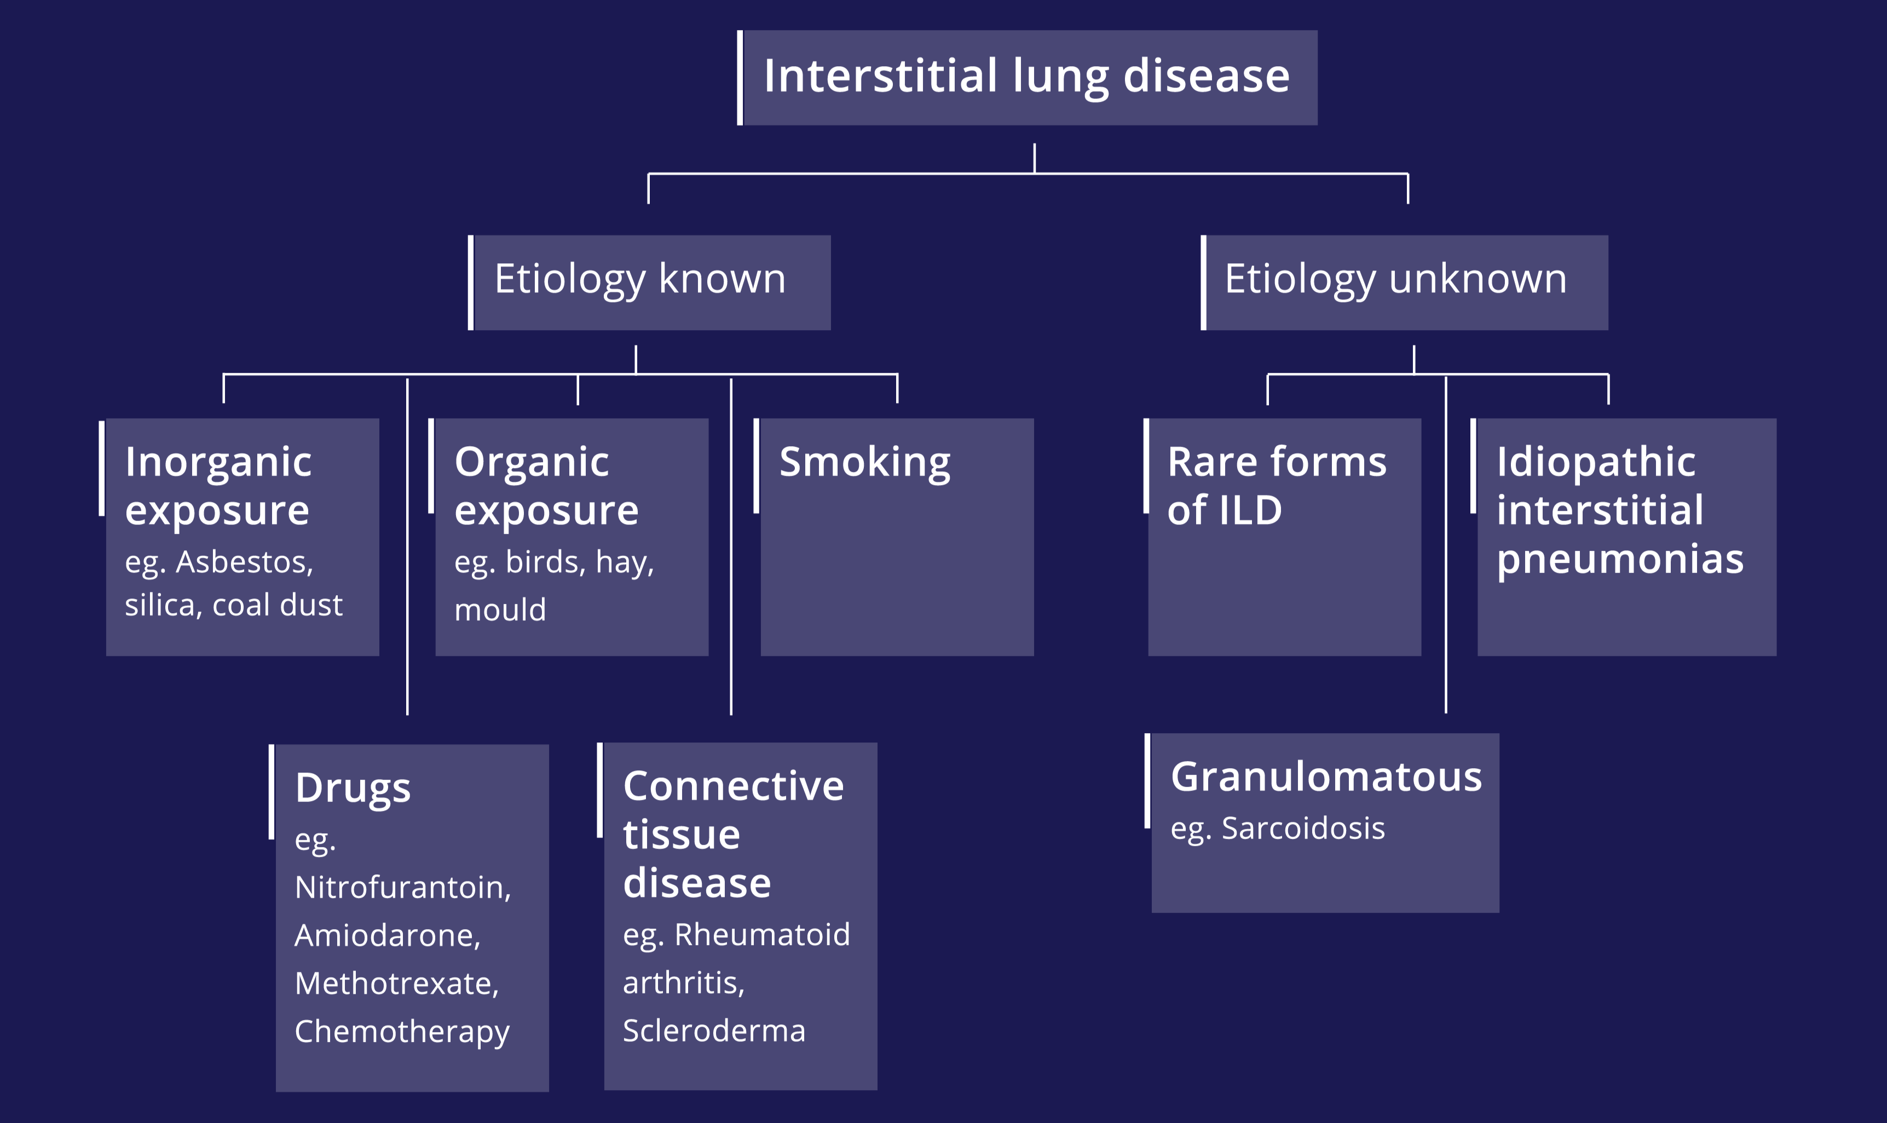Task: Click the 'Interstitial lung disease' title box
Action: point(1028,78)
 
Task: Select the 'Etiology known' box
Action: point(649,283)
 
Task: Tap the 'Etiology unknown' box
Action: point(1404,283)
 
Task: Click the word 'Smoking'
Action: point(865,462)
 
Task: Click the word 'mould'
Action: point(500,609)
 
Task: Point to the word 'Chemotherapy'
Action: point(402,1032)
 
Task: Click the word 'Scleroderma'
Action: point(714,1030)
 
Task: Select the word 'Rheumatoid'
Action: point(762,935)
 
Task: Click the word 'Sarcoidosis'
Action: point(1303,828)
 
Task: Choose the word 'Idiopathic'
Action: point(1596,462)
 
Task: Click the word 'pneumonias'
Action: point(1620,561)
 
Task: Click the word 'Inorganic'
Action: point(218,462)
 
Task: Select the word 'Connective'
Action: point(733,786)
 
